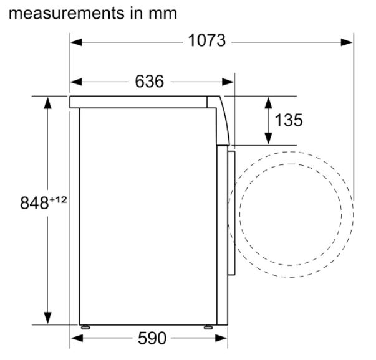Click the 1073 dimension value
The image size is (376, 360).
[206, 40]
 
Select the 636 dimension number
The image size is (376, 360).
[150, 81]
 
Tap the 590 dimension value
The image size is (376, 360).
[152, 338]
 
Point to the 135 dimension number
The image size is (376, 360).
[289, 120]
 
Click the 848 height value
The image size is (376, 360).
[34, 203]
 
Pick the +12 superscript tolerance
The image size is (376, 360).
[58, 199]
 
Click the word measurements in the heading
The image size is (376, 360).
[67, 13]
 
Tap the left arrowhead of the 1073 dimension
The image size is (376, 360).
[77, 42]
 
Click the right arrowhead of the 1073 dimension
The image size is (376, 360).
[347, 42]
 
